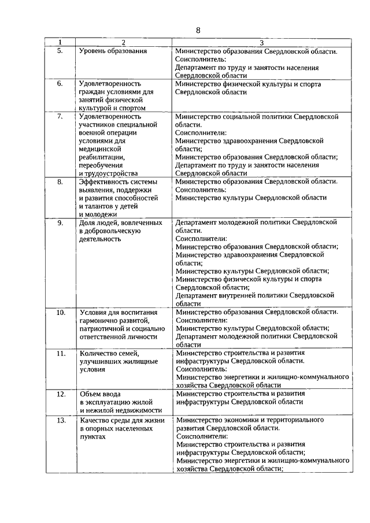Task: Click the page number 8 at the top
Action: tap(197, 30)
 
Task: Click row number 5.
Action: tap(60, 51)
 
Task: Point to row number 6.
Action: tap(60, 84)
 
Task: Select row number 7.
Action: tap(60, 117)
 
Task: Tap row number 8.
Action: tap(60, 181)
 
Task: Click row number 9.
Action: tap(60, 222)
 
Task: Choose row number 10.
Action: tap(60, 312)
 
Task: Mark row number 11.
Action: tap(60, 353)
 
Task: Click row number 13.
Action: tap(60, 420)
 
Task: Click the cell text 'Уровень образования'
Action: tap(113, 51)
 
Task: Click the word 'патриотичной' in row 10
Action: tap(101, 328)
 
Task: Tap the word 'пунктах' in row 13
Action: tap(94, 437)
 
